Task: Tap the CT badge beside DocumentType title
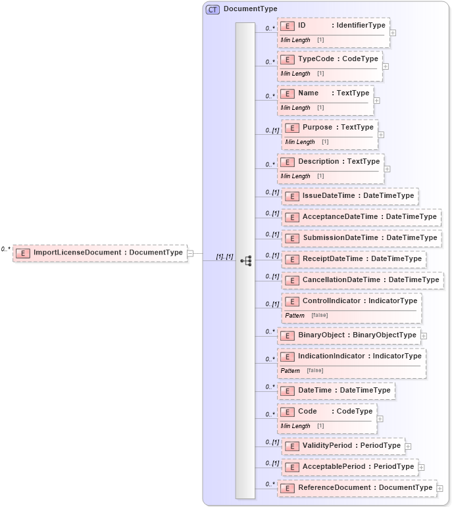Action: click(213, 9)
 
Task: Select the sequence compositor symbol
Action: click(245, 260)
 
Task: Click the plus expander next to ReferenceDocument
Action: click(439, 488)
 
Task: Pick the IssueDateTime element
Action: click(350, 196)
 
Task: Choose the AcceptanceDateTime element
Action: click(361, 217)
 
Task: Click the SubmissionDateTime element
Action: click(361, 238)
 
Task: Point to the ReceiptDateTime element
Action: click(354, 259)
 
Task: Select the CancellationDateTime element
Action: click(363, 280)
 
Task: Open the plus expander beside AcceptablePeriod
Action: click(421, 467)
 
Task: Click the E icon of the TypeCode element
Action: click(287, 59)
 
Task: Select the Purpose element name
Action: click(317, 128)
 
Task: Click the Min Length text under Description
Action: click(295, 176)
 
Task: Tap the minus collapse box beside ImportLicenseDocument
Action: click(190, 253)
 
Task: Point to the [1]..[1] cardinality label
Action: click(225, 256)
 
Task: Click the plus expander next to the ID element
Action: click(393, 32)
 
